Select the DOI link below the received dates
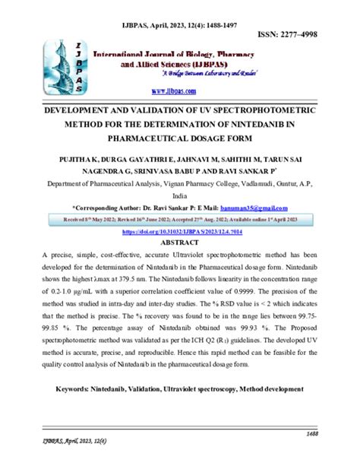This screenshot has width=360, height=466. click(179, 210)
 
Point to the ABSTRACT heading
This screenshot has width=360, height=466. click(180, 221)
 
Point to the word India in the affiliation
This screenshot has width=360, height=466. click(180, 173)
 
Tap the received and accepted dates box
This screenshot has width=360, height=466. click(180, 198)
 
